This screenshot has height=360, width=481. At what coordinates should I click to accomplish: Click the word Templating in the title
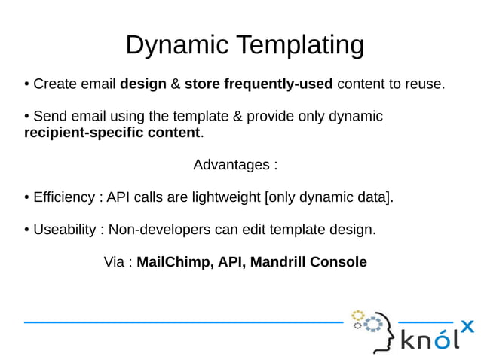pos(299,45)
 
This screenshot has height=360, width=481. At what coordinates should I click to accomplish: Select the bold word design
pos(142,84)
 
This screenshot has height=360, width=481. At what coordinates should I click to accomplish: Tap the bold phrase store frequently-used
pos(259,84)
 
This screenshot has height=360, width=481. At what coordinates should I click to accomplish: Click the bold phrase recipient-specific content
pos(112,133)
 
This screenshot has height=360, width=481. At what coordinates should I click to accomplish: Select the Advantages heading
pos(235,165)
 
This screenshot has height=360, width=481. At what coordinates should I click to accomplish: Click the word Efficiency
pos(64,197)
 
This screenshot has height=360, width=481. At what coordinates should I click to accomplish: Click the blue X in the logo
pos(467,326)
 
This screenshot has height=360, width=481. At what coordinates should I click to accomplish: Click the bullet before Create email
pos(27,84)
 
